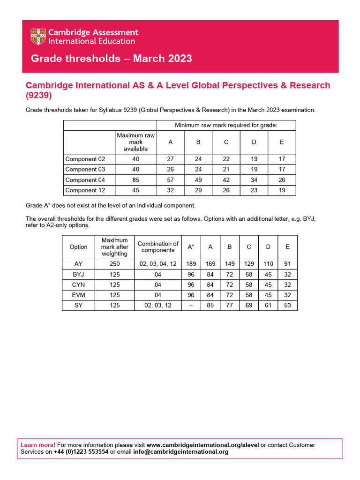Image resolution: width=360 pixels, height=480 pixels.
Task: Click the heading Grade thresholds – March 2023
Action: coord(111,59)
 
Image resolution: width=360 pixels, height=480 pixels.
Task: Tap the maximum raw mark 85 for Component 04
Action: coord(135,180)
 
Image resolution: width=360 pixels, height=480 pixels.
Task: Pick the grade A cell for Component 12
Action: coord(170,190)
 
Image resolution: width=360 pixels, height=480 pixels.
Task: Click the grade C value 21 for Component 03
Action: coord(226,169)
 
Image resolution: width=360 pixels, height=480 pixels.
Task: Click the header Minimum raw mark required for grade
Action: coord(226,125)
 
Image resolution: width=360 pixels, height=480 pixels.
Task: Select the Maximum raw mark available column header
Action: coord(135,142)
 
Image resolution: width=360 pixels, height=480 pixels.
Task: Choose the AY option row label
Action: coord(78,264)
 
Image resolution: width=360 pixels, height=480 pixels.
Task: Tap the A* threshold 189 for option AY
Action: coord(191,264)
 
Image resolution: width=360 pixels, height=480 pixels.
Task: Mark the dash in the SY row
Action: coord(191,305)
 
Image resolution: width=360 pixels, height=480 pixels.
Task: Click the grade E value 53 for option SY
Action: coord(287,305)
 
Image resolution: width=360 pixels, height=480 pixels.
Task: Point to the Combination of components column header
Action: coord(158,247)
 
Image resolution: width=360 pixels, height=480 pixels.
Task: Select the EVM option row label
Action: coord(78,295)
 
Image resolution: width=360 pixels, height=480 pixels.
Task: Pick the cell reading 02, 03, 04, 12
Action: coord(158,264)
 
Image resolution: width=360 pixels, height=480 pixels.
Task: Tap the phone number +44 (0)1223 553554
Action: coord(81,452)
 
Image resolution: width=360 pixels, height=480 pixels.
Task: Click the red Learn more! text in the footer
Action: coord(38,445)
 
